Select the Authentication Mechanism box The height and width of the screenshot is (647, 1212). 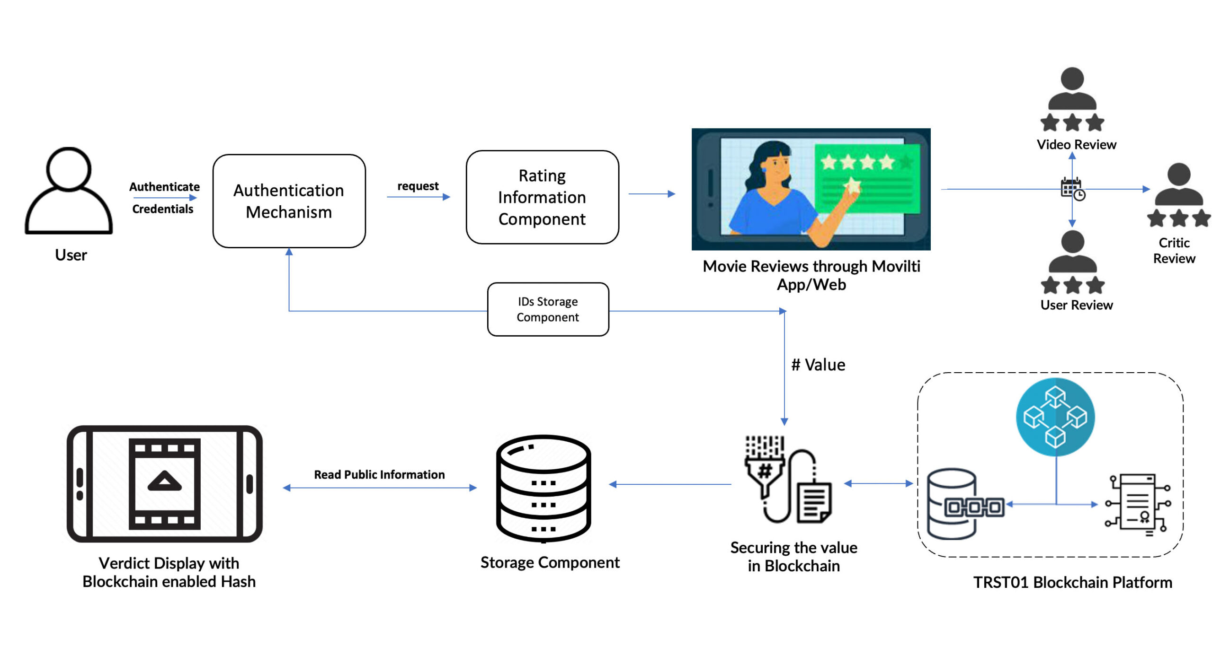[289, 201]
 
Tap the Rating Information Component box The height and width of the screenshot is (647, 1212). [542, 197]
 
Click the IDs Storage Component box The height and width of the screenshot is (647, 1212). [548, 309]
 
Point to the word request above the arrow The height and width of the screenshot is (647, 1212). [418, 186]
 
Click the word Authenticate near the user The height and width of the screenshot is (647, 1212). [164, 187]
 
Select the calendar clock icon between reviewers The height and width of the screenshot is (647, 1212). [1072, 189]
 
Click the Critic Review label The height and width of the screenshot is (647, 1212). [1174, 251]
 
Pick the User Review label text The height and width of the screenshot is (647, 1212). [1077, 305]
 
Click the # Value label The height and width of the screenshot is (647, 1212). [818, 365]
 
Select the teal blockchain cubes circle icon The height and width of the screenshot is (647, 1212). [1055, 417]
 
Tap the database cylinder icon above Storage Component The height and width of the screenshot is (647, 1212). [544, 488]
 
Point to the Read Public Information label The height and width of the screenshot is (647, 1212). [379, 474]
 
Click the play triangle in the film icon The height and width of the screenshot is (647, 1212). [164, 481]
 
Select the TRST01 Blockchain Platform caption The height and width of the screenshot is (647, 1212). [1072, 582]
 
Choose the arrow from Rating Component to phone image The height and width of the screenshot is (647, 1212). [651, 194]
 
